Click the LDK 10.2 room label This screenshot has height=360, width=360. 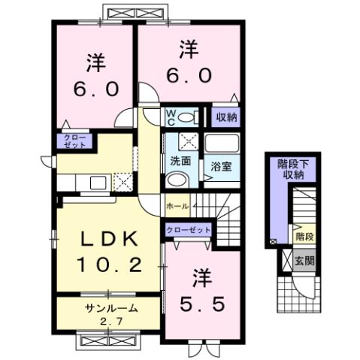[x=108, y=251]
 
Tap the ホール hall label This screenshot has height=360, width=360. [x=178, y=204]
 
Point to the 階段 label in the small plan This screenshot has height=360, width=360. [x=305, y=235]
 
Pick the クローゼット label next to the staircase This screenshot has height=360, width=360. [x=188, y=229]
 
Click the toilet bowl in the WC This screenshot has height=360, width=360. [x=190, y=116]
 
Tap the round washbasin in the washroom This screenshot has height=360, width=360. [x=177, y=180]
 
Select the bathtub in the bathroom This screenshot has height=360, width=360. [x=222, y=144]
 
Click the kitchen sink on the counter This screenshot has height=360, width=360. [x=98, y=182]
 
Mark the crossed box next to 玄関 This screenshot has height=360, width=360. [x=287, y=261]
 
